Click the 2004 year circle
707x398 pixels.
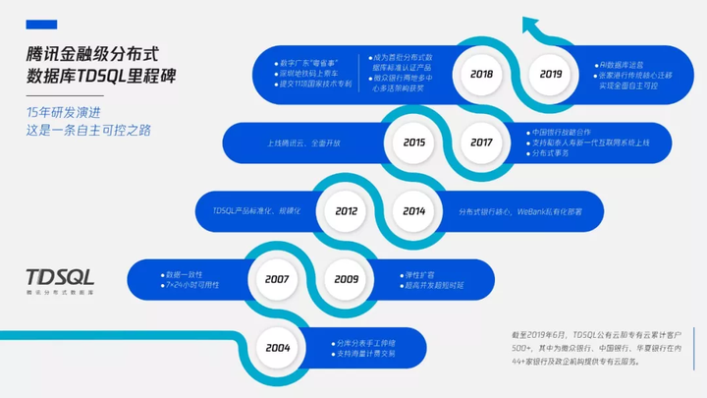coord(278,347)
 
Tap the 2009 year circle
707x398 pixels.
coord(345,279)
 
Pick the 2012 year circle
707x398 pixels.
coord(346,210)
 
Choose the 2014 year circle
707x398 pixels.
coord(413,210)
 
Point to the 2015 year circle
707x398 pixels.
coord(413,142)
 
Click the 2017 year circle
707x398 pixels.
coord(481,142)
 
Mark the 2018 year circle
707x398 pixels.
coord(481,74)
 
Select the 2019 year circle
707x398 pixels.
coord(549,74)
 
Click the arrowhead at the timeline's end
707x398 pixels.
coord(531,22)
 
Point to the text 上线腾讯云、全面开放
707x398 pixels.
coord(304,142)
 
